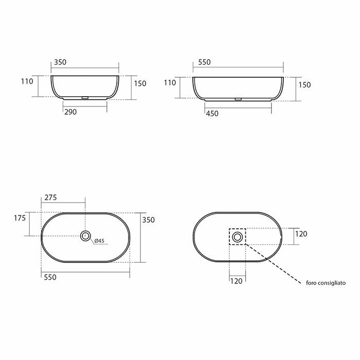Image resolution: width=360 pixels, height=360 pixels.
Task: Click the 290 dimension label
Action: point(70,112)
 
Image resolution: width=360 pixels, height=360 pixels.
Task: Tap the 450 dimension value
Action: point(212,114)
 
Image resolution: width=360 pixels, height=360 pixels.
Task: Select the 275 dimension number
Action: point(50,197)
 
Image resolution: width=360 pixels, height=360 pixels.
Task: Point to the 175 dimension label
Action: point(20,218)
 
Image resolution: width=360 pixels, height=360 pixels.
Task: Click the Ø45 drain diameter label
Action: point(99,241)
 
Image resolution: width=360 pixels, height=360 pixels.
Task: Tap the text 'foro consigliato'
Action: point(326,283)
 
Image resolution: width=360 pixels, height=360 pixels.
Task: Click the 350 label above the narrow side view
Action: point(60,62)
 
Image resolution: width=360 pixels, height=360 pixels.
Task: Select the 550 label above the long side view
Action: point(204,62)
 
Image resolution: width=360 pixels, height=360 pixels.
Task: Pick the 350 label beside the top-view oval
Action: point(148,220)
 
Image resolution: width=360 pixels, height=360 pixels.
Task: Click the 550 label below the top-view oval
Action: point(50,277)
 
